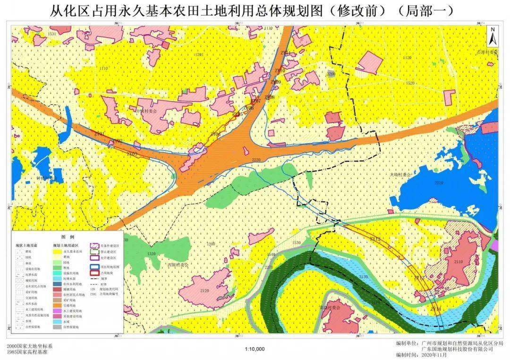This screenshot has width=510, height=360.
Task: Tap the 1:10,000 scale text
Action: click(x=255, y=349)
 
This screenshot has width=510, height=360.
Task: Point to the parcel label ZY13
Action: click(x=419, y=278)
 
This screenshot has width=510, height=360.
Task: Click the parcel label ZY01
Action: click(x=100, y=134)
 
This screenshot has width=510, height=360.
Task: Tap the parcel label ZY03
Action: click(x=132, y=154)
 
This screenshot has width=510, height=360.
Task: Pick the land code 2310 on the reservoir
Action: click(x=439, y=183)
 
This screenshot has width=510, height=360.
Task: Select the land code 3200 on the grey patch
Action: click(x=331, y=74)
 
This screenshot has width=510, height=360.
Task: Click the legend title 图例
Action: click(x=68, y=236)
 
